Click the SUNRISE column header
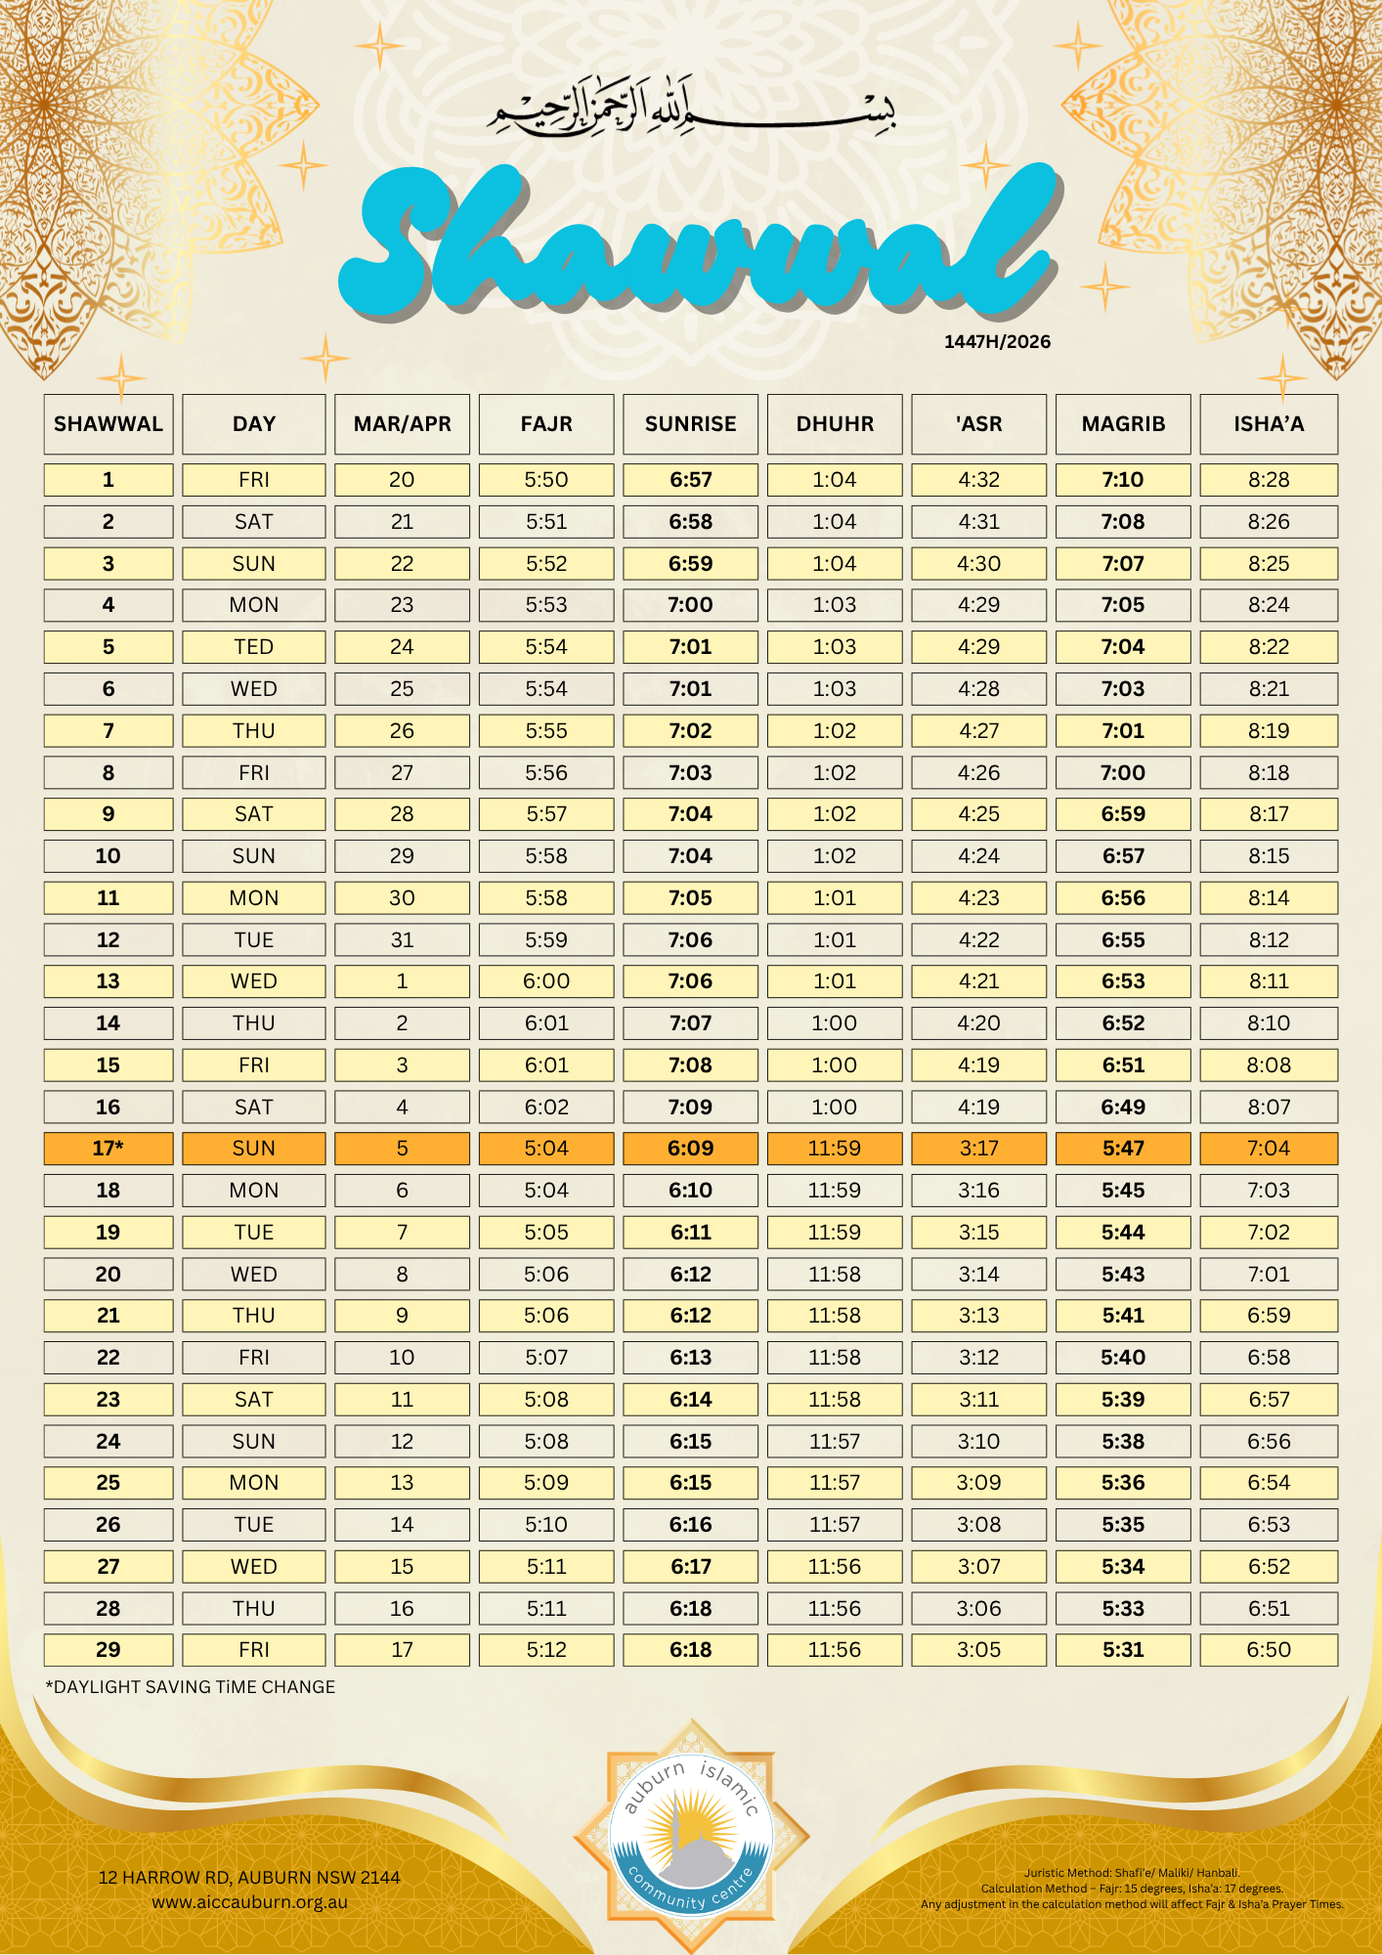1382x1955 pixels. click(x=690, y=424)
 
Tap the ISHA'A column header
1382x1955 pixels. click(x=1268, y=424)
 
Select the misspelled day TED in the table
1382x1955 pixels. click(x=253, y=647)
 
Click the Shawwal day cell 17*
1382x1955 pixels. click(x=108, y=1149)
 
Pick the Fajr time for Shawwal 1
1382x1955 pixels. click(x=545, y=480)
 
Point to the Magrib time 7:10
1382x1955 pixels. click(x=1123, y=480)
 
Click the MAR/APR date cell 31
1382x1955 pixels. click(x=402, y=940)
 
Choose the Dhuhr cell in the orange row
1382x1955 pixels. click(x=835, y=1149)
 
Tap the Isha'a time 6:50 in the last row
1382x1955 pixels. click(x=1268, y=1650)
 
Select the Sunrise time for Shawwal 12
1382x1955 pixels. click(x=690, y=940)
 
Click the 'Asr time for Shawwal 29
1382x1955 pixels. click(x=978, y=1650)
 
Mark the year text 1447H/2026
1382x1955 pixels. click(x=997, y=342)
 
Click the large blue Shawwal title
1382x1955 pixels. click(x=694, y=244)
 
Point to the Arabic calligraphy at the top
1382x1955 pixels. click(x=692, y=108)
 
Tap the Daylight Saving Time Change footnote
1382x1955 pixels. click(x=191, y=1687)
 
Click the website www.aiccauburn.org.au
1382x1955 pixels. click(x=249, y=1902)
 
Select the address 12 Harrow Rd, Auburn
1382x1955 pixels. click(x=249, y=1877)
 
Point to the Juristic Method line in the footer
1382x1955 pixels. click(x=1132, y=1873)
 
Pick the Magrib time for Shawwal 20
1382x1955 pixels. click(x=1123, y=1275)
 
